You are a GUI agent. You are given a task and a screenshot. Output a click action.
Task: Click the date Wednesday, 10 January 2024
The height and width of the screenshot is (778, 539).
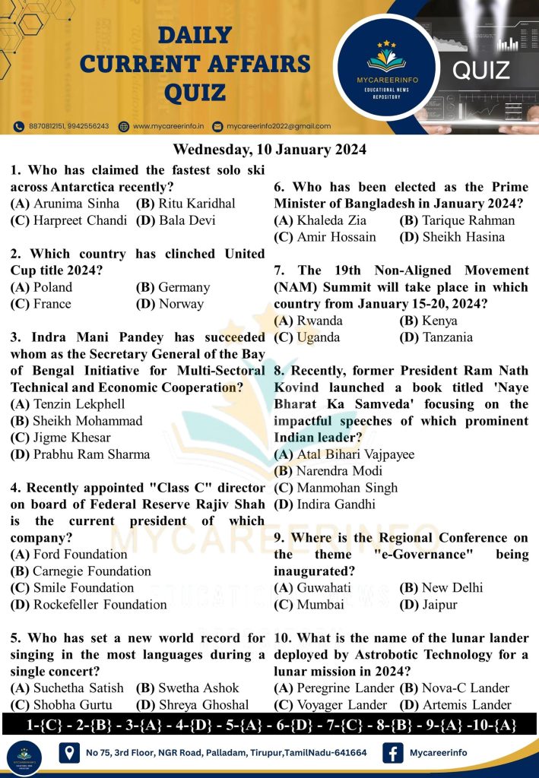pyautogui.click(x=269, y=149)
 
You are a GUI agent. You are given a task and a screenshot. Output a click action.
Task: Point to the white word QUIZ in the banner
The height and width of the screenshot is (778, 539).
pyautogui.click(x=480, y=71)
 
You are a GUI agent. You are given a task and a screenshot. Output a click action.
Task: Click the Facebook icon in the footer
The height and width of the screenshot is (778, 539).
pyautogui.click(x=392, y=753)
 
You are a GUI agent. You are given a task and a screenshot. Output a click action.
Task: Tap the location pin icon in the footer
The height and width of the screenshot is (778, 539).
pyautogui.click(x=69, y=753)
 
